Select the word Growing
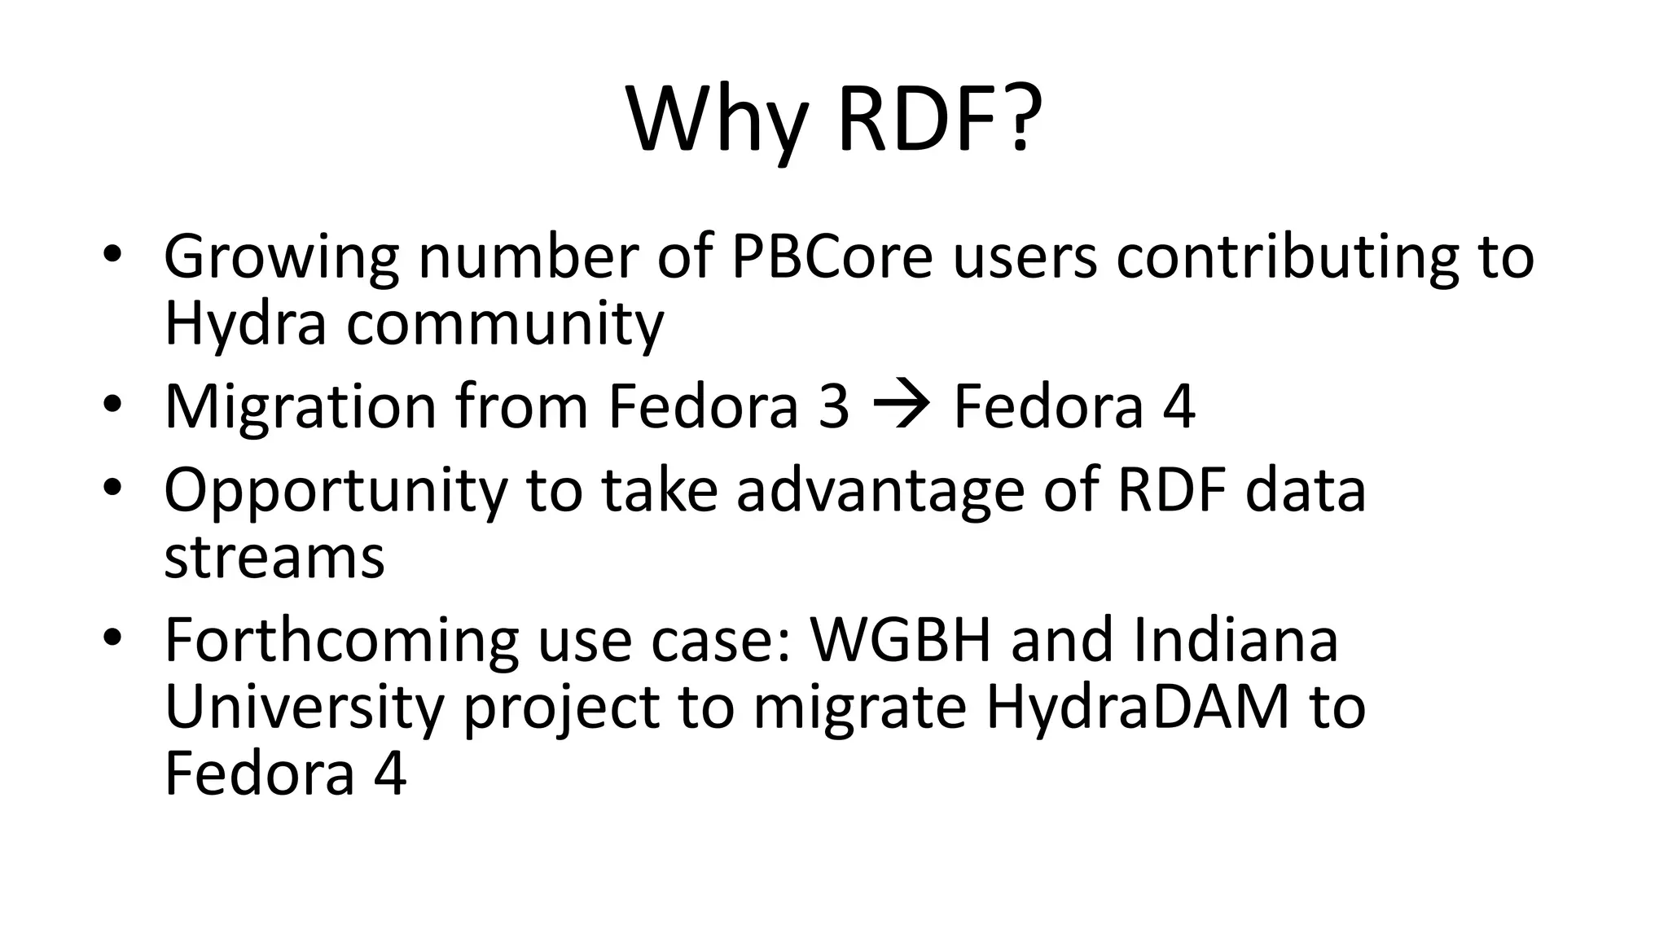pos(282,258)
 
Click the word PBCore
pos(832,256)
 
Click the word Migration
pos(301,407)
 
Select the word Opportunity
pos(336,492)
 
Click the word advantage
pos(880,492)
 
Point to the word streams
pos(274,558)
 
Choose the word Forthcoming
pos(341,642)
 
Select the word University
pos(304,708)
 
